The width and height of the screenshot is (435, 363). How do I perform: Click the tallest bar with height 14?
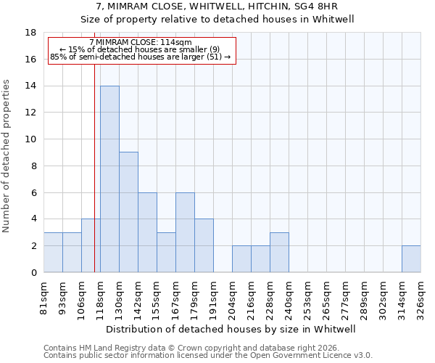109,179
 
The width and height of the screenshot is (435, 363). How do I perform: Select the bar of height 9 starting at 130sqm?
128,212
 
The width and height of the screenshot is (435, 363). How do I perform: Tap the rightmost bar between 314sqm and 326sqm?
411,259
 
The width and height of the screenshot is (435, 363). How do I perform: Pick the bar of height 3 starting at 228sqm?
279,253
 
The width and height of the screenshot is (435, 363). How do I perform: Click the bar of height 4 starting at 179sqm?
204,246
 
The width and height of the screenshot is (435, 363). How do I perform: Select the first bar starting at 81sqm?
53,253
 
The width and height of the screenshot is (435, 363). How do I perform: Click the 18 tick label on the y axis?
30,33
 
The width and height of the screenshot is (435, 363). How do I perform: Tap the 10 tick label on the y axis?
30,139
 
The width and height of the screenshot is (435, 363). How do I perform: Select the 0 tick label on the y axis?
33,273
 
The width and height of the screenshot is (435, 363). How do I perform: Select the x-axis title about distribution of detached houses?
232,329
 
